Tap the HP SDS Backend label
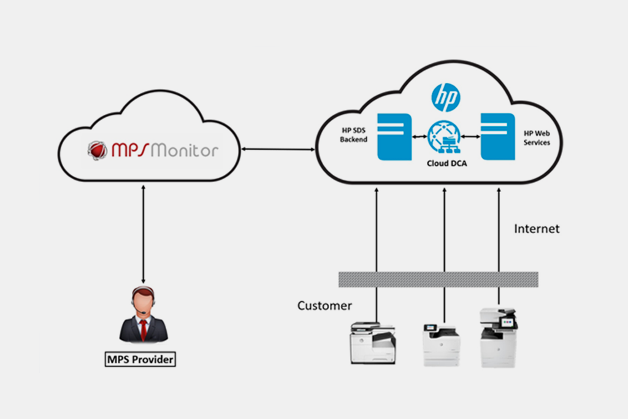(x=354, y=136)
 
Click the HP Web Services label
(x=537, y=137)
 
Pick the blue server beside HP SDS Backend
(x=394, y=137)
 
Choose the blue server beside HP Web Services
(x=497, y=137)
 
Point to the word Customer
(x=324, y=306)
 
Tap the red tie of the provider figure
(x=143, y=329)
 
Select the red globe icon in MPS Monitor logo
(x=97, y=150)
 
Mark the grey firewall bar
(x=438, y=280)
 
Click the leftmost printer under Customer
(x=372, y=344)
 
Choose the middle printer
(x=440, y=345)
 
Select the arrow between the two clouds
(x=277, y=148)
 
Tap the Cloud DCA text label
(x=445, y=164)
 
